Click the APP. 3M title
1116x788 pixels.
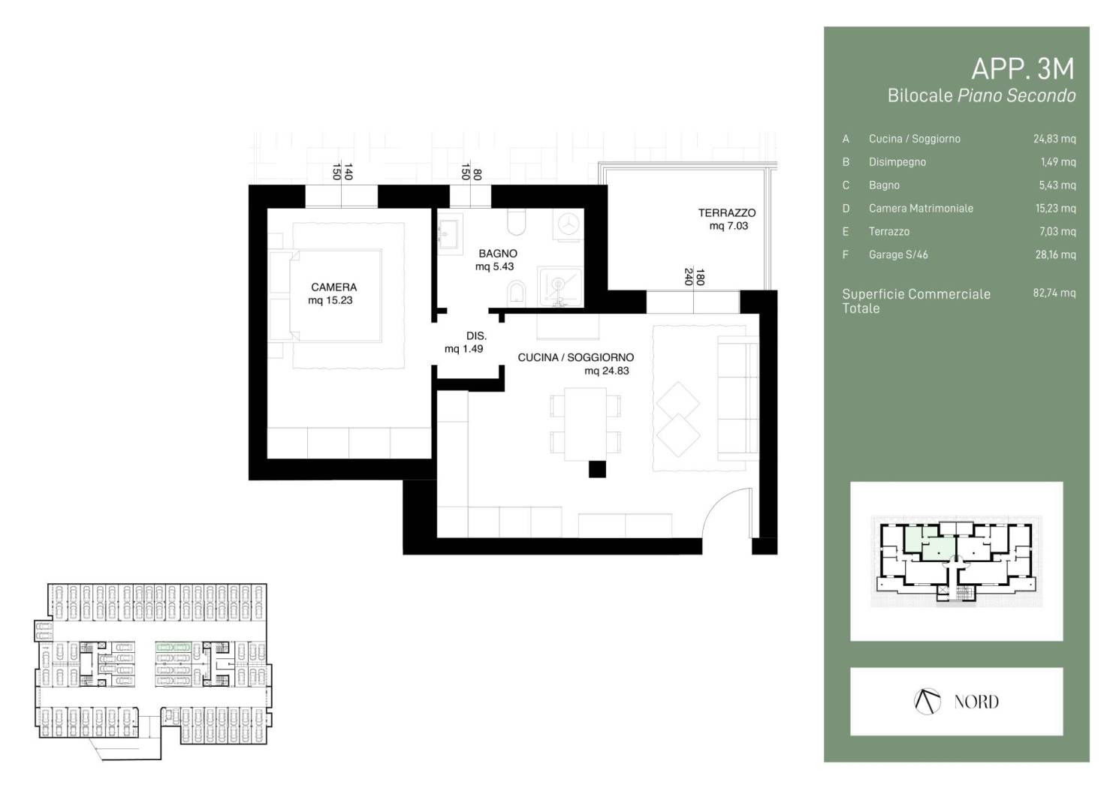click(x=1023, y=69)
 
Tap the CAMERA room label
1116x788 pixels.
click(x=333, y=287)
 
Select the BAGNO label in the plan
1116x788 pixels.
click(x=498, y=254)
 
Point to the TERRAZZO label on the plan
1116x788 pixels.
click(x=727, y=213)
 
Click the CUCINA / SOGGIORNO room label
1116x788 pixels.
click(x=575, y=357)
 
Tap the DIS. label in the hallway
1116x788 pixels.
click(x=476, y=336)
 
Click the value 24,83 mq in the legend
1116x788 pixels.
click(x=1054, y=139)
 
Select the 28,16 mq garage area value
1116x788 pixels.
click(x=1055, y=255)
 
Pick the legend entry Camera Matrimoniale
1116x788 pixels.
click(x=921, y=209)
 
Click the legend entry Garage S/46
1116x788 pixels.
click(x=898, y=255)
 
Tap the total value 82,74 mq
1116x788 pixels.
click(x=1054, y=293)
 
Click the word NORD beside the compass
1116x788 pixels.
click(x=976, y=702)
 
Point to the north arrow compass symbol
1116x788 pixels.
click(x=927, y=702)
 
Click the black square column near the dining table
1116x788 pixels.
click(x=597, y=469)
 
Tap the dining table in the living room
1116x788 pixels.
click(x=585, y=423)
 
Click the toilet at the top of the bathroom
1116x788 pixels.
click(x=516, y=222)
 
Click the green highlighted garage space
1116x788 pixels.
click(x=173, y=647)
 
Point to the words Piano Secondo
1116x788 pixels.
click(x=1016, y=95)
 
